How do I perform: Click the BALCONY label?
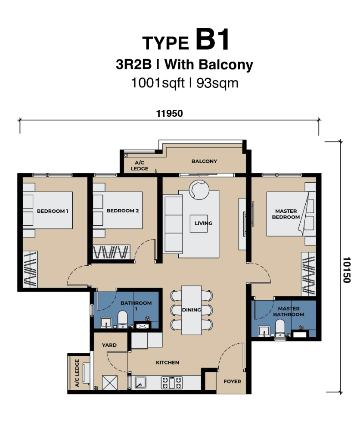pyautogui.click(x=204, y=161)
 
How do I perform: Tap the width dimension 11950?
pyautogui.click(x=169, y=113)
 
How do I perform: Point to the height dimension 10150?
pyautogui.click(x=346, y=270)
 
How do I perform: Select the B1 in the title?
pyautogui.click(x=213, y=40)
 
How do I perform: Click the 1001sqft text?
pyautogui.click(x=158, y=83)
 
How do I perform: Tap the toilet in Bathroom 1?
pyautogui.click(x=123, y=319)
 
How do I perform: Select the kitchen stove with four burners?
pyautogui.click(x=172, y=382)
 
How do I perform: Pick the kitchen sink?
pyautogui.click(x=140, y=382)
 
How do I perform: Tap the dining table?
pyautogui.click(x=192, y=310)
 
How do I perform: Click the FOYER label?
pyautogui.click(x=232, y=381)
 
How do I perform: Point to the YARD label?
pyautogui.click(x=109, y=345)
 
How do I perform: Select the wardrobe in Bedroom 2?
pyautogui.click(x=111, y=252)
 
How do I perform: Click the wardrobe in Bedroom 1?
pyautogui.click(x=30, y=269)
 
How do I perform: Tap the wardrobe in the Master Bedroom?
pyautogui.click(x=309, y=274)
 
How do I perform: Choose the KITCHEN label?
pyautogui.click(x=168, y=363)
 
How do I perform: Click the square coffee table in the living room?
pyautogui.click(x=199, y=223)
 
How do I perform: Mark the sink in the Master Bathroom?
pyautogui.click(x=264, y=331)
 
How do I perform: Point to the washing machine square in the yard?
pyautogui.click(x=110, y=382)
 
